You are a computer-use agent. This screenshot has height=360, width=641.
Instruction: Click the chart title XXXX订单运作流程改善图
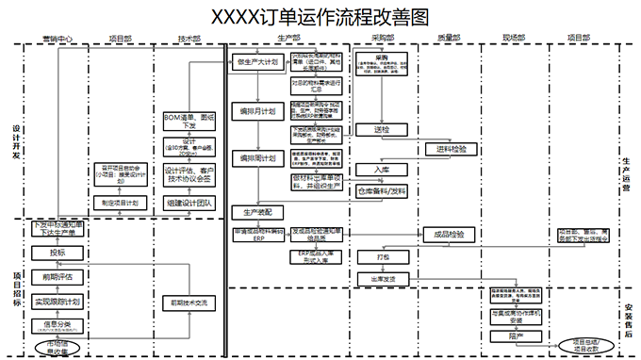[320, 17]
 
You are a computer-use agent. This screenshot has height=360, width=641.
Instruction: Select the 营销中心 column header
[58, 39]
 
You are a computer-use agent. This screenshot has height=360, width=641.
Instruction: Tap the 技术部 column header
[189, 39]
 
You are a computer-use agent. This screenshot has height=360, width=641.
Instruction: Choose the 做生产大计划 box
[257, 62]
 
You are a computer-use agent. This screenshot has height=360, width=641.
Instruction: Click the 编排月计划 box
[257, 111]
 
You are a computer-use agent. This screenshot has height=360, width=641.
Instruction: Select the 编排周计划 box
[257, 157]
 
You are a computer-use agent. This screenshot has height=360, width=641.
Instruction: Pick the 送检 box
[382, 129]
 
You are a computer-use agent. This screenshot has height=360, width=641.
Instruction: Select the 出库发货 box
[382, 279]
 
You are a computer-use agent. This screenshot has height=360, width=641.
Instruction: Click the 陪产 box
[516, 335]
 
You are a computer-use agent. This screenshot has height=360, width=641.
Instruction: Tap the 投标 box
[58, 252]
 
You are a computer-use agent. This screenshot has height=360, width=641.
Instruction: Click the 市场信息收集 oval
[58, 348]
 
